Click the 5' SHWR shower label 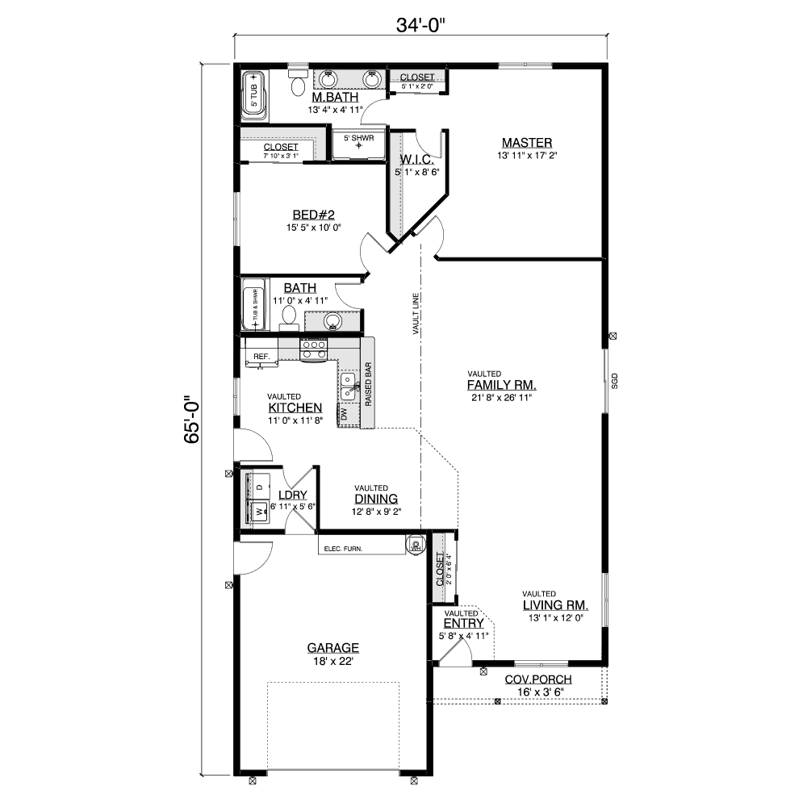coord(358,139)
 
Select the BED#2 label coord(313,215)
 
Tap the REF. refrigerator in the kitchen coord(261,356)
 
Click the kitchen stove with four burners coord(314,349)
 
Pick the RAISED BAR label coord(368,388)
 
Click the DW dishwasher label coord(344,415)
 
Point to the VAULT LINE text coord(415,314)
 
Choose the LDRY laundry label coord(290,495)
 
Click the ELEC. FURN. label coord(343,549)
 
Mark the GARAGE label coord(332,647)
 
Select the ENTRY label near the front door coord(463,623)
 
